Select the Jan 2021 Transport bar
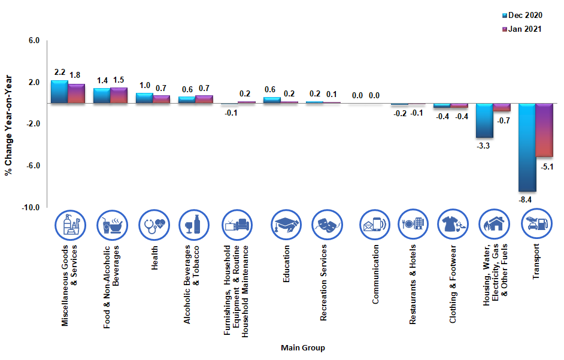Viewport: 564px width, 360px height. click(544, 130)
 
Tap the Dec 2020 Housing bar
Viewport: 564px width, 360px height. click(484, 120)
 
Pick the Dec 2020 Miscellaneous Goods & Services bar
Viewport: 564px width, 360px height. click(59, 92)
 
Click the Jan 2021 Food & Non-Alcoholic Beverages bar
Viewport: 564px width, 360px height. click(119, 95)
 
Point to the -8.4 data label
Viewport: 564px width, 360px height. click(526, 199)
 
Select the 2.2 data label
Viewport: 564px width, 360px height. click(60, 72)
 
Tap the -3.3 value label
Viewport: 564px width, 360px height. click(483, 146)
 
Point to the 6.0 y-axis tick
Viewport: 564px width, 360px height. click(33, 41)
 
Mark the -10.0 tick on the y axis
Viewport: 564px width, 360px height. click(31, 207)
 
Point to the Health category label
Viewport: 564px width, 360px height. click(154, 258)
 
